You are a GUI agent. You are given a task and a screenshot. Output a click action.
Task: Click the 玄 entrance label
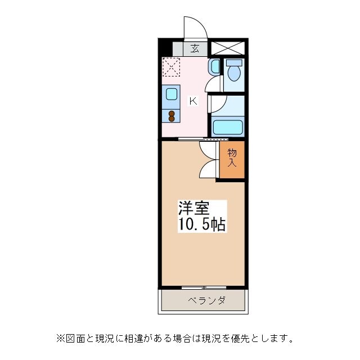click(x=195, y=48)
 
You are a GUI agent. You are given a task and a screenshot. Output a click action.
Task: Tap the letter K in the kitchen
click(x=192, y=101)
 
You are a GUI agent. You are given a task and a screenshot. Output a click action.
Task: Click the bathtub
click(x=228, y=127)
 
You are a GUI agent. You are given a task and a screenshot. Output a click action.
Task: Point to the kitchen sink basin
click(x=172, y=94)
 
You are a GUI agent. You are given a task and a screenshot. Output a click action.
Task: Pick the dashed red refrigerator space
click(x=170, y=67)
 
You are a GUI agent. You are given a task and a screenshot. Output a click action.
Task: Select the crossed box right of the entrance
click(x=228, y=47)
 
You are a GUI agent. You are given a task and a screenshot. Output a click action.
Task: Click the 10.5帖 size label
click(x=202, y=225)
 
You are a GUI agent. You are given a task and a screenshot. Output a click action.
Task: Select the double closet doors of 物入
click(x=208, y=160)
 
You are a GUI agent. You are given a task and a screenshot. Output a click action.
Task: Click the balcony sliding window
click(x=204, y=287)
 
